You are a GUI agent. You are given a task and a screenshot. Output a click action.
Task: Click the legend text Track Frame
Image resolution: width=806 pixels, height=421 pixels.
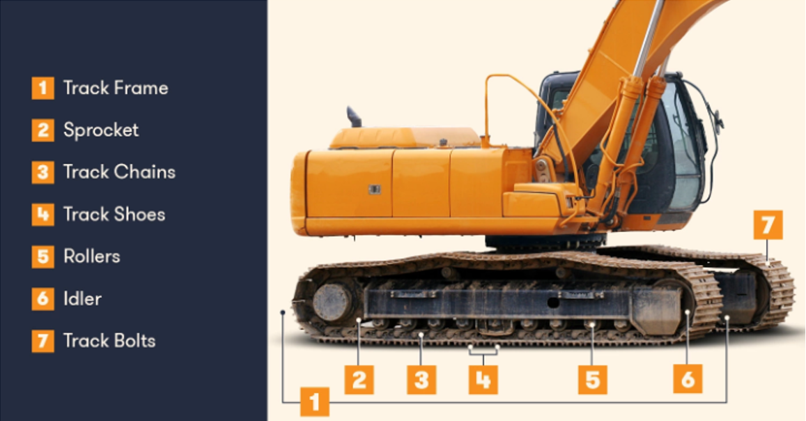pos(115,88)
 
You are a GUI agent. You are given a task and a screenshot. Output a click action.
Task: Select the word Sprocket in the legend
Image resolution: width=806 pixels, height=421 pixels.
pos(101,130)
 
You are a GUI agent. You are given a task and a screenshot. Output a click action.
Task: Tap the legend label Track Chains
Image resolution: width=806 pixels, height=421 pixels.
pos(119,172)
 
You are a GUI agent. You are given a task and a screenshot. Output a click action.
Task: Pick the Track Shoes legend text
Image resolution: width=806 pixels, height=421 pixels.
pos(114,214)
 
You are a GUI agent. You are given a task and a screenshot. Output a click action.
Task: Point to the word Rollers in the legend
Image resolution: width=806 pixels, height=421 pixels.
pos(91,257)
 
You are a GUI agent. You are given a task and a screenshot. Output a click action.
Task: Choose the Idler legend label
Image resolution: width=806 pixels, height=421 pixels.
pos(82,298)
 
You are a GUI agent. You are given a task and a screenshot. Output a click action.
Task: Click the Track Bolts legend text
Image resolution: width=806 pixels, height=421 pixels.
pos(109,341)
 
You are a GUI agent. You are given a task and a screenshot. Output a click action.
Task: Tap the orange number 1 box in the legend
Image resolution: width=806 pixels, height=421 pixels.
pos(42,88)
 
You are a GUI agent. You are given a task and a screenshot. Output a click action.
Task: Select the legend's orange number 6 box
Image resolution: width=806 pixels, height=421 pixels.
pos(42,298)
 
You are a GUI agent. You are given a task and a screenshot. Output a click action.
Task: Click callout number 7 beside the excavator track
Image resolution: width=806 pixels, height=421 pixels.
pos(768,225)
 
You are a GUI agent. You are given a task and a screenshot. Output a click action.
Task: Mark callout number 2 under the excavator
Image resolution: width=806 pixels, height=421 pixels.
pos(359,380)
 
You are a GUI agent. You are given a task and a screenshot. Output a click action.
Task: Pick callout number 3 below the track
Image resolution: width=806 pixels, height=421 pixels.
pos(421,380)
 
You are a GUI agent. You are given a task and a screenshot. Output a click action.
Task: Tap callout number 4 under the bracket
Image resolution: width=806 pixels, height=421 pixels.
pos(483,380)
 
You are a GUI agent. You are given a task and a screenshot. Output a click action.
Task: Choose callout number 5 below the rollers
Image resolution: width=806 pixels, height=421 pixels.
pos(593,380)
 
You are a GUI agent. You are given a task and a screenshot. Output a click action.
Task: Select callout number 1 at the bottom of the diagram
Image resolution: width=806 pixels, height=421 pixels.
pos(315,402)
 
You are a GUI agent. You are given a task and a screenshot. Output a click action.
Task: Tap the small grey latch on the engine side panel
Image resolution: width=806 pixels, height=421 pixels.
pos(374,189)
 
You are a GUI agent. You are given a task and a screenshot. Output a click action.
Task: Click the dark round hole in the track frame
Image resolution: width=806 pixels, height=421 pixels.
pos(553,303)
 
